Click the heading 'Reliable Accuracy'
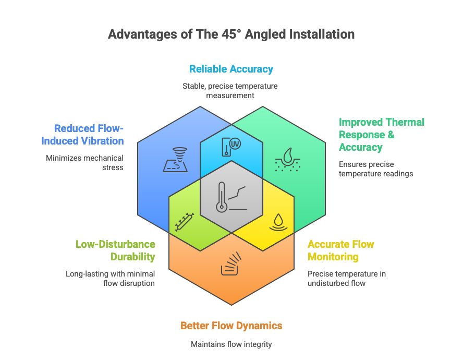tap(231, 69)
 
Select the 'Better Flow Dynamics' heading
tap(231, 326)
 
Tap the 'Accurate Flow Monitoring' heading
tap(341, 250)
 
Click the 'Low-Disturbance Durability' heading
tap(115, 250)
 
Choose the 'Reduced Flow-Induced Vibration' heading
tap(82, 135)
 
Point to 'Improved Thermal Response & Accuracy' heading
tap(382, 135)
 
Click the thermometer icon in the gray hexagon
tap(231, 197)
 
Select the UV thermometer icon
tap(231, 147)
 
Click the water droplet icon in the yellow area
tap(278, 222)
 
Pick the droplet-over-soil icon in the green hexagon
tap(288, 160)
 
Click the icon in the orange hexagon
tap(231, 263)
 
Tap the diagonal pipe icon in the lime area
tap(185, 222)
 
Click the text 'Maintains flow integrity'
tap(231, 344)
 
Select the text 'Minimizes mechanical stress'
tap(85, 163)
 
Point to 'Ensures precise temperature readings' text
tap(376, 169)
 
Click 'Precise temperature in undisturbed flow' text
tap(347, 279)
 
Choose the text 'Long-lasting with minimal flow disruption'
tap(110, 279)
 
